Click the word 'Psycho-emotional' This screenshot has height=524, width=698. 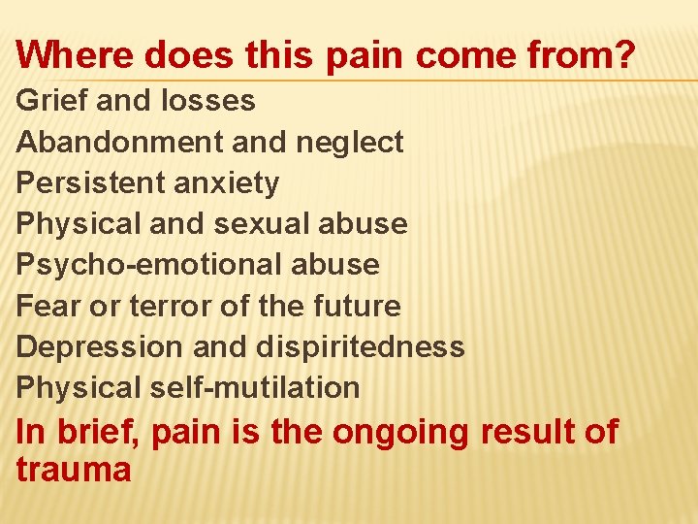tap(145, 264)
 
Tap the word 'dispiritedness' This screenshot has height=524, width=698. tap(361, 346)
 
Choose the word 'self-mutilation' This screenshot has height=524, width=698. tap(254, 387)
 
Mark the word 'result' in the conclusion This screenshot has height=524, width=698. tap(523, 431)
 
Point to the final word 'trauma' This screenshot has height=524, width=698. tap(74, 470)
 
